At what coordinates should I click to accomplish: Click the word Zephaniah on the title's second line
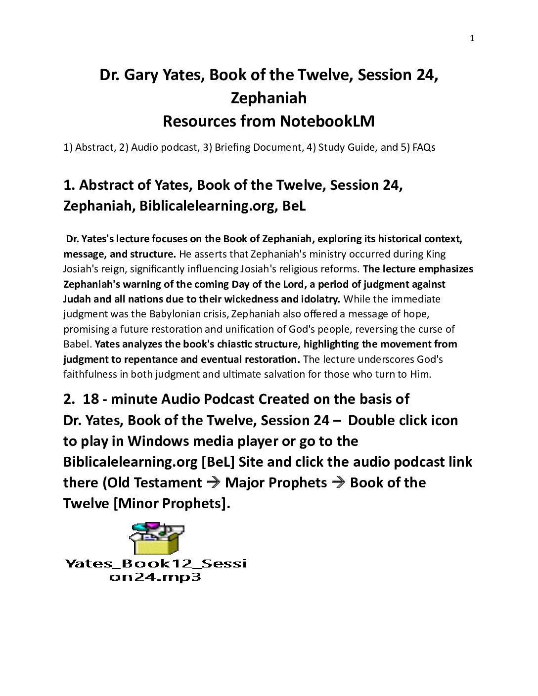pyautogui.click(x=269, y=98)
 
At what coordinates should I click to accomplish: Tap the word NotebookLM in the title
pyautogui.click(x=327, y=121)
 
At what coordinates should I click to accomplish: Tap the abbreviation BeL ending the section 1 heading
pyautogui.click(x=294, y=206)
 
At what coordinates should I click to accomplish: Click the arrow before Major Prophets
pyautogui.click(x=214, y=482)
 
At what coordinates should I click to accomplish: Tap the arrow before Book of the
pyautogui.click(x=339, y=482)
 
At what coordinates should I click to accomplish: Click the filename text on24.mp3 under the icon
pyautogui.click(x=155, y=577)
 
